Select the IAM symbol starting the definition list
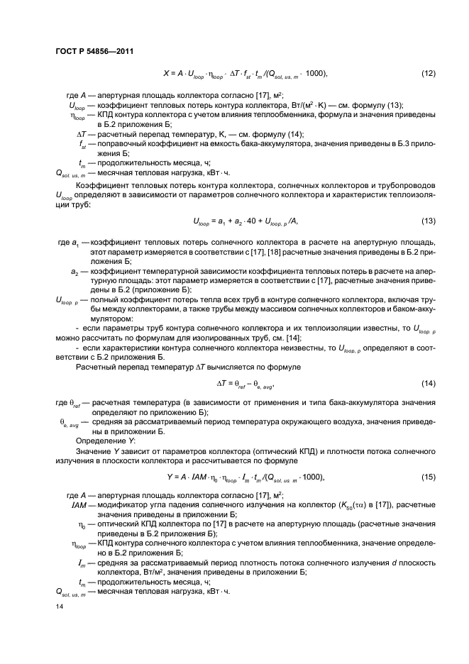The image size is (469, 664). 79,504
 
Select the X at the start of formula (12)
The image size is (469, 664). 166,74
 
